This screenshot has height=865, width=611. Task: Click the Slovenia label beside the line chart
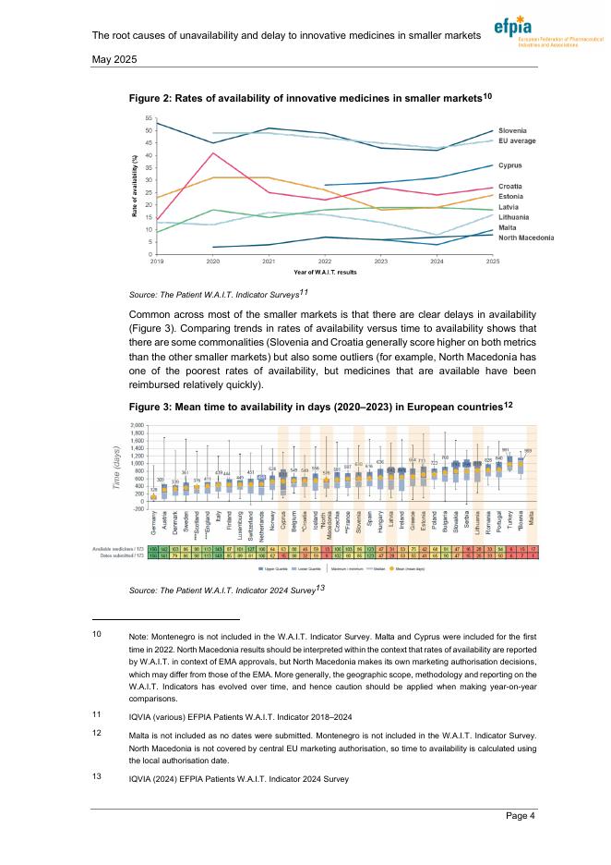[514, 129]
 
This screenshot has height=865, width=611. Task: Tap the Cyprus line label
[511, 165]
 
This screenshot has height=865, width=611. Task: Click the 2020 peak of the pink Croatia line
[212, 153]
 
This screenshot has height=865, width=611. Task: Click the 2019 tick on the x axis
[156, 262]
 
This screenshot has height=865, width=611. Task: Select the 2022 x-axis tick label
[325, 262]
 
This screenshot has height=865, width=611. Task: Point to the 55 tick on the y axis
[150, 118]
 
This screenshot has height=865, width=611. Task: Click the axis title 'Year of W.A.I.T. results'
[325, 274]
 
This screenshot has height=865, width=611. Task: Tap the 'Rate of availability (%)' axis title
[135, 186]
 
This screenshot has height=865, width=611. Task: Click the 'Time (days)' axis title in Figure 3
[115, 465]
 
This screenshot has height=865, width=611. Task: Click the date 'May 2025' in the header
[114, 59]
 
